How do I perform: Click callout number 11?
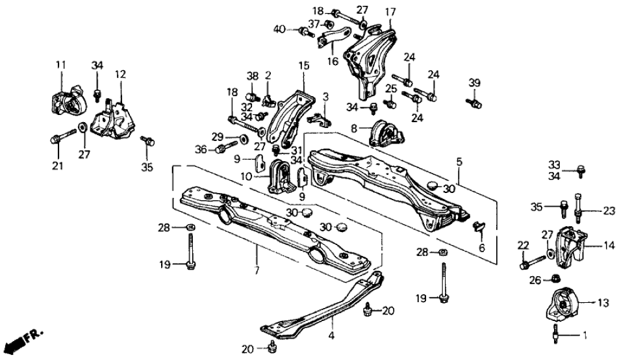[x=61, y=64]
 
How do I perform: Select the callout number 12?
[x=119, y=74]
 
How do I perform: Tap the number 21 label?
[x=58, y=166]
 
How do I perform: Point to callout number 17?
[x=390, y=12]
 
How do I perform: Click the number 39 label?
[x=474, y=82]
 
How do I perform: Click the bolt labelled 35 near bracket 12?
[x=147, y=140]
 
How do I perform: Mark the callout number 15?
[x=303, y=66]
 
